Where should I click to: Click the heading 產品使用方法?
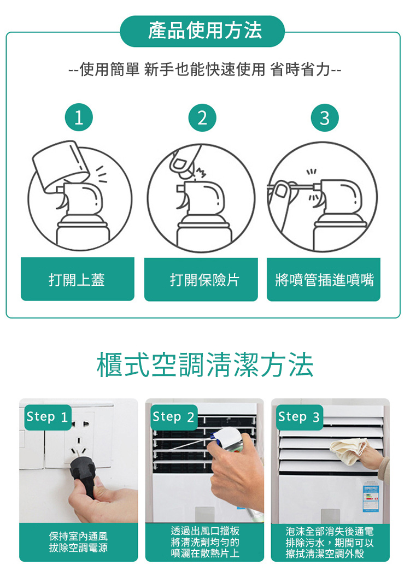(204, 31)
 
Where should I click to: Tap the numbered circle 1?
(78, 118)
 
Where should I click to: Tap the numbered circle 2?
(202, 118)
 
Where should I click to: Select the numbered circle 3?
(325, 118)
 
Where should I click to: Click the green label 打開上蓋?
(77, 280)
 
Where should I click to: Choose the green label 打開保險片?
(201, 280)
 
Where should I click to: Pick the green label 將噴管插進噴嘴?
(324, 280)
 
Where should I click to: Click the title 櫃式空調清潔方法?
(204, 366)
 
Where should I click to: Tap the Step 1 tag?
(48, 417)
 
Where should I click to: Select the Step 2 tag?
(173, 417)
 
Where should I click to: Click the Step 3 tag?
(299, 417)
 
